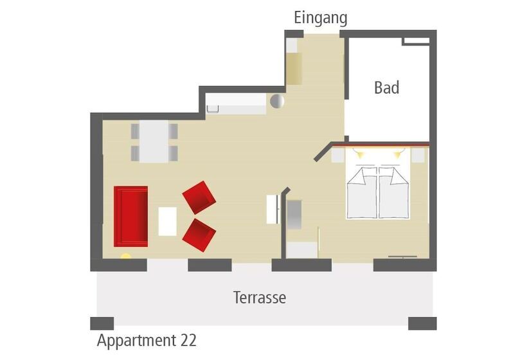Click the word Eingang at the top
[x=321, y=18]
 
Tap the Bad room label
[x=387, y=87]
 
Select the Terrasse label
[x=260, y=298]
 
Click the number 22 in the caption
[x=188, y=340]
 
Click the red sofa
[x=130, y=217]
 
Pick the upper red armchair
[x=199, y=197]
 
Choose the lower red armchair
[x=199, y=235]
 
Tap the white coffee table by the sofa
[x=167, y=222]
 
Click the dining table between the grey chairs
[x=154, y=141]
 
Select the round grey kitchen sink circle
[x=277, y=101]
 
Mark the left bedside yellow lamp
[x=360, y=155]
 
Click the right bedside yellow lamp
[x=398, y=155]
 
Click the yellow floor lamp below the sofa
[x=126, y=256]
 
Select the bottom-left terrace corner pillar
[x=102, y=323]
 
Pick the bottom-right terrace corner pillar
[x=422, y=323]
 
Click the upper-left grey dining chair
[x=135, y=131]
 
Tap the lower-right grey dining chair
[x=174, y=153]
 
